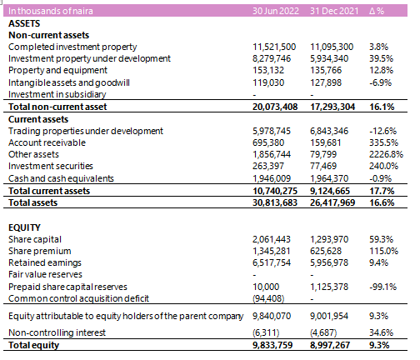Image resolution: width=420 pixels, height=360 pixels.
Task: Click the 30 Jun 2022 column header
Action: [276, 11]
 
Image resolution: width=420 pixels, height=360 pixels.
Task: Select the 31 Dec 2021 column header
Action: [334, 11]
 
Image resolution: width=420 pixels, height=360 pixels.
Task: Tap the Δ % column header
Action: [377, 11]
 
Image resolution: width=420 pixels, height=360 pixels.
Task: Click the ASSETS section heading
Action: [24, 23]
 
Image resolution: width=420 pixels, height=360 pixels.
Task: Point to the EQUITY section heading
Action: [24, 227]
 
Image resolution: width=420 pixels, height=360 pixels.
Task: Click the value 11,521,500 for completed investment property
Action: [274, 47]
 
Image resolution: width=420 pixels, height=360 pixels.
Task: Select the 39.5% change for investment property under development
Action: [381, 58]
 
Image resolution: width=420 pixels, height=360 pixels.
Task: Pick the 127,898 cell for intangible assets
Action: [326, 82]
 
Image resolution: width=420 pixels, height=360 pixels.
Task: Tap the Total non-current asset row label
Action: [57, 107]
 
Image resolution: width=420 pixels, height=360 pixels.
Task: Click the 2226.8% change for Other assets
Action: [386, 154]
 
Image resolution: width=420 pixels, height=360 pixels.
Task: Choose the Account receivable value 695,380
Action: [268, 142]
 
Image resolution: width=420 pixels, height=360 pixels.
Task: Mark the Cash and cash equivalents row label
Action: [61, 178]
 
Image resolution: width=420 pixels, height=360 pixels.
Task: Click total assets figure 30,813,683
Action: [275, 202]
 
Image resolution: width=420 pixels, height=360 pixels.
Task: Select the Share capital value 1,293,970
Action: [329, 239]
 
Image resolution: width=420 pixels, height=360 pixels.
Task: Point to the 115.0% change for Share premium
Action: [383, 251]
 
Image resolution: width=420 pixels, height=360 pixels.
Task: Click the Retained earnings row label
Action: [45, 262]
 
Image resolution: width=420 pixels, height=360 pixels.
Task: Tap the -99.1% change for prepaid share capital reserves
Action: [382, 287]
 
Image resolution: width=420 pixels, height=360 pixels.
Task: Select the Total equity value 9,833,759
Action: [272, 345]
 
